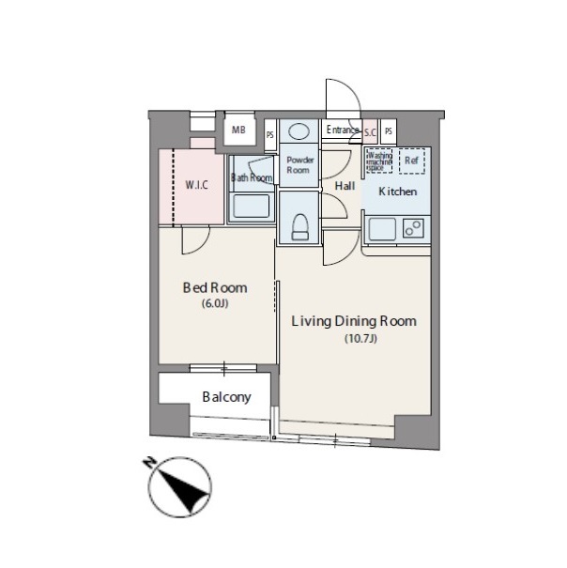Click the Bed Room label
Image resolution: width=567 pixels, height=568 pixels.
(x=215, y=288)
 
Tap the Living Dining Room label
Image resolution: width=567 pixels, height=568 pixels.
(x=354, y=321)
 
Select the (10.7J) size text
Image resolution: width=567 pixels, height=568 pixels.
(x=360, y=338)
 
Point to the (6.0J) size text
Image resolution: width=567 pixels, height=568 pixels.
(x=215, y=303)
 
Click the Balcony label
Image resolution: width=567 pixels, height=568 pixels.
(x=227, y=397)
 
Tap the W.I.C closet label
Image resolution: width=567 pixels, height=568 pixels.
(x=197, y=185)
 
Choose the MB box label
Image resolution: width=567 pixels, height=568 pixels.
(x=238, y=130)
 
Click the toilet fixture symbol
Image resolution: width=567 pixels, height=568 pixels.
(x=300, y=227)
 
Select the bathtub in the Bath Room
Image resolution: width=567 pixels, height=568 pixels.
(x=252, y=207)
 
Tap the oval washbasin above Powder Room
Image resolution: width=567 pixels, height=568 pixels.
(x=299, y=131)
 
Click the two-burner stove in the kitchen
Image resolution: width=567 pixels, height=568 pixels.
(x=413, y=228)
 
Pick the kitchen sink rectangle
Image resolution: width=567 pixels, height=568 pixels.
(x=382, y=229)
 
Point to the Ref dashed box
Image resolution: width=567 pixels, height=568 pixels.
(x=412, y=161)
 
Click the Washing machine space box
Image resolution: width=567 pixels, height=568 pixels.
(x=379, y=161)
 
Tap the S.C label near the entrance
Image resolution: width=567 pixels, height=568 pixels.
(x=370, y=132)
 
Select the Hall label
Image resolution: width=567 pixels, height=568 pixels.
(x=345, y=186)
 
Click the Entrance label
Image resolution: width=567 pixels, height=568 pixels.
(x=343, y=130)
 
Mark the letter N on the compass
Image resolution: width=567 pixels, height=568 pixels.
(x=148, y=462)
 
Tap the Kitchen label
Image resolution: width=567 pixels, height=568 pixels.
(x=397, y=192)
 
